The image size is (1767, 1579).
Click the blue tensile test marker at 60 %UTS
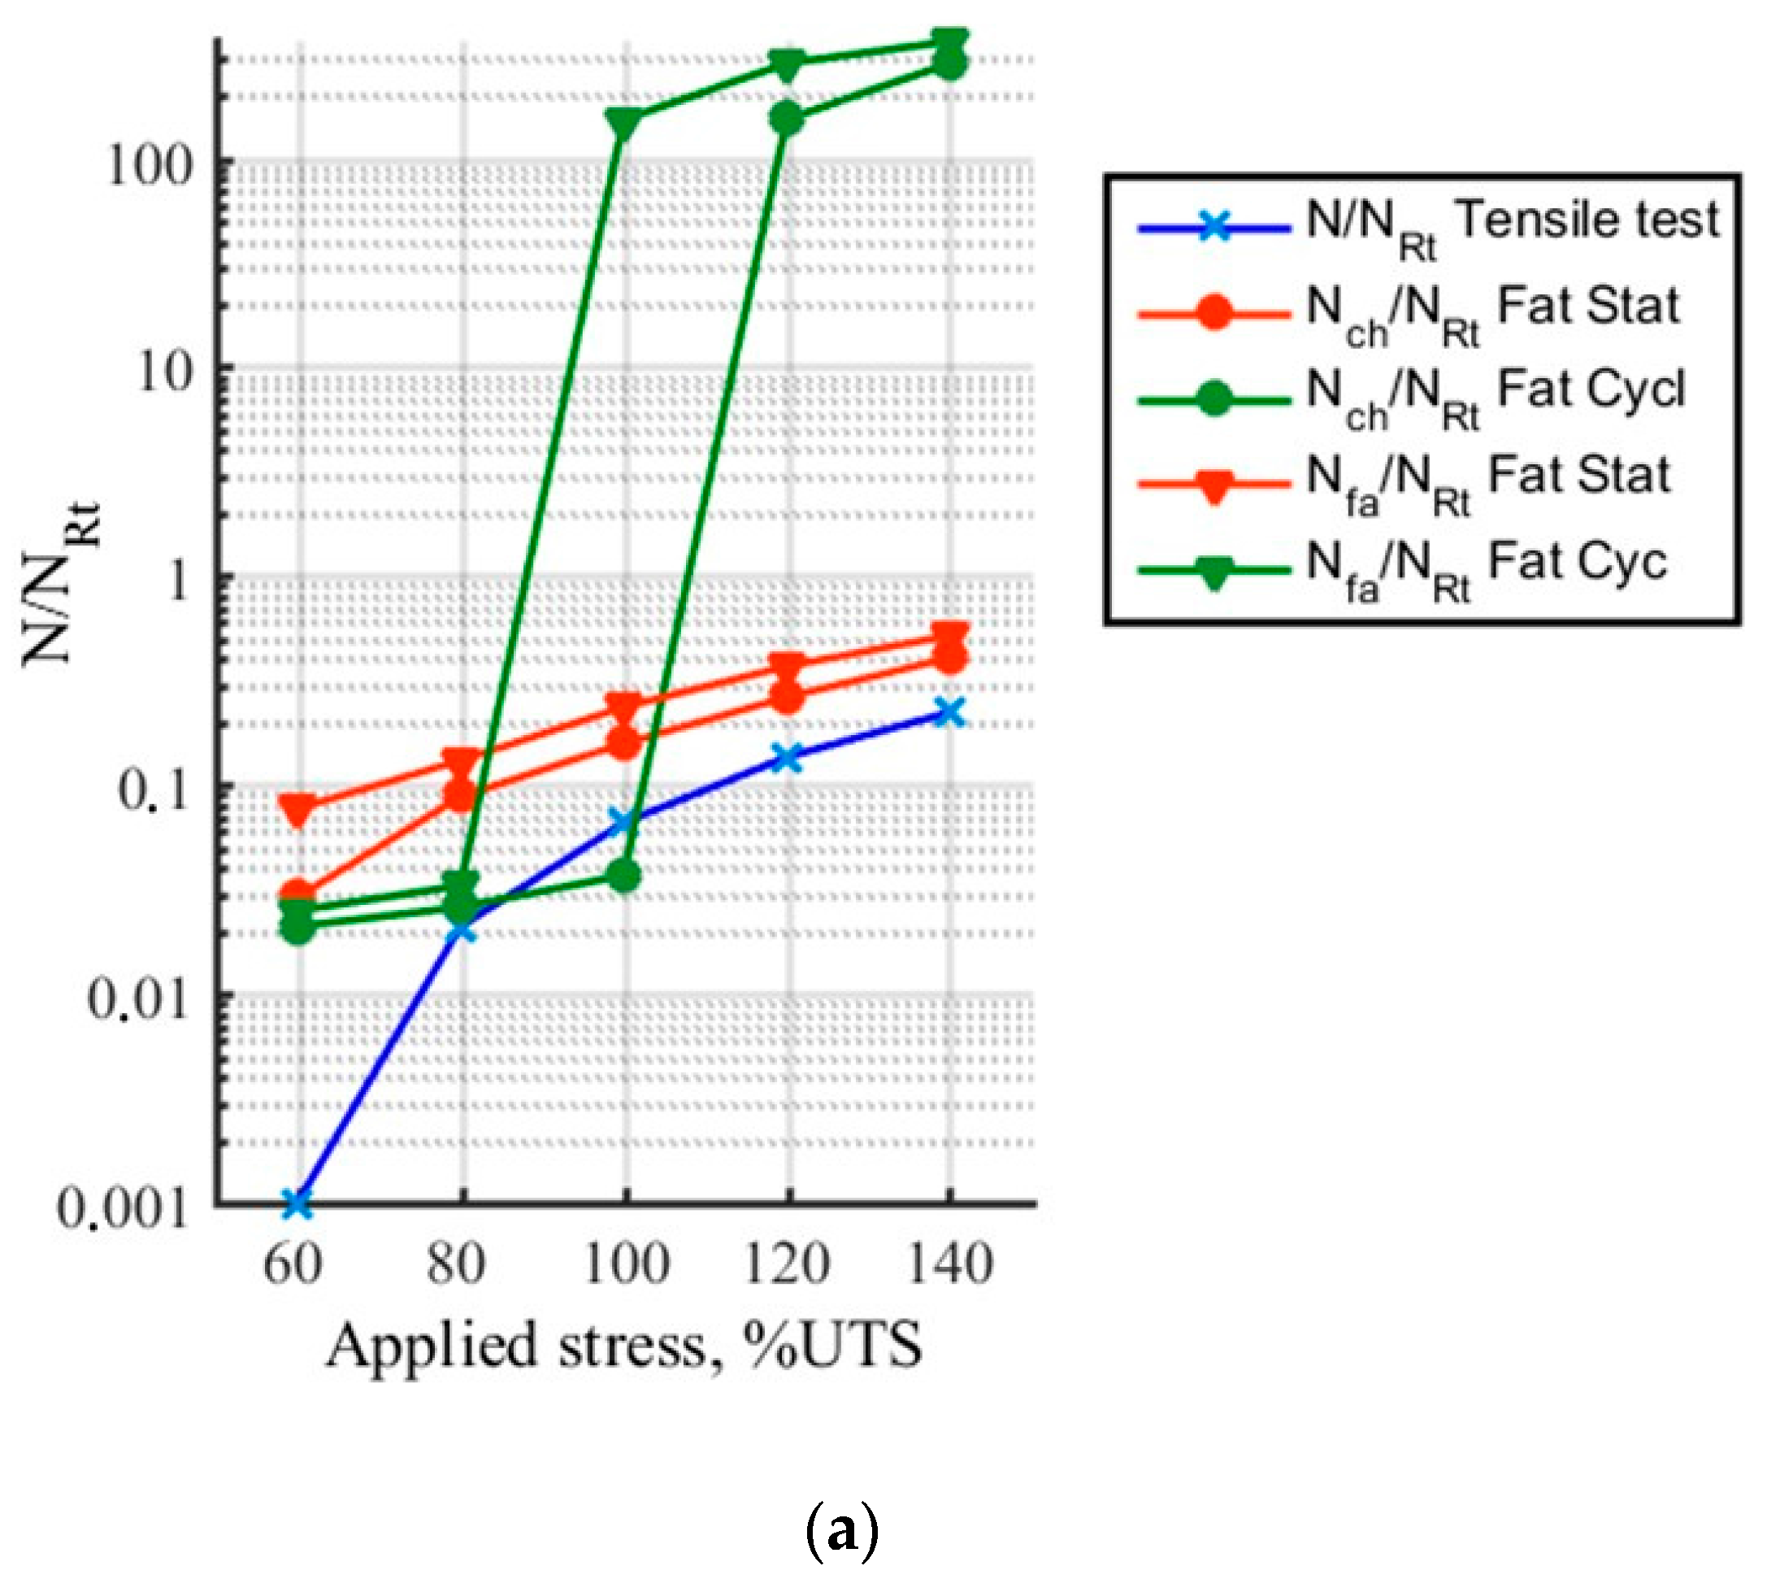tap(297, 1203)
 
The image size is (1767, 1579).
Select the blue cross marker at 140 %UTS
tap(950, 712)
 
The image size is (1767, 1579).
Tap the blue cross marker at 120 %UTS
tap(788, 756)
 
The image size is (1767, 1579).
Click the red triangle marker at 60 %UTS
tap(297, 808)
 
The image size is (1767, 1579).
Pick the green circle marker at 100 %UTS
tap(623, 876)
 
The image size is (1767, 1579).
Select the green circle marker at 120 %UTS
tap(788, 119)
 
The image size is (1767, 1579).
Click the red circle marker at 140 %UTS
tap(950, 657)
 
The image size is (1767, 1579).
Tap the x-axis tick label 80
tap(457, 1264)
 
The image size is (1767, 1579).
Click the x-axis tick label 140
tap(950, 1264)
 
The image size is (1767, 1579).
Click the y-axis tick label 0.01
tap(138, 998)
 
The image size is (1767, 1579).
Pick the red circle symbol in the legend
tap(1214, 312)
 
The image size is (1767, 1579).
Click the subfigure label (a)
tap(841, 1534)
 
